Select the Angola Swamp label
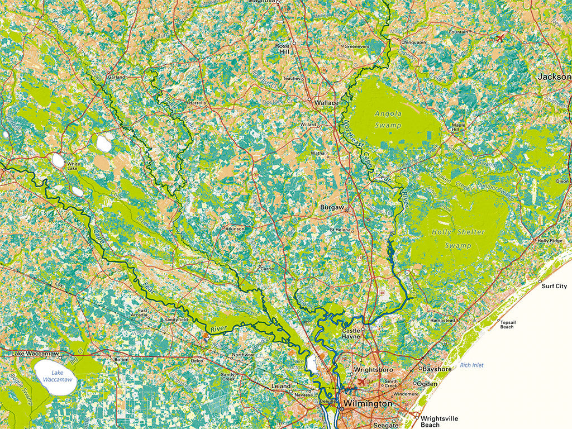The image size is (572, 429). click(388, 119)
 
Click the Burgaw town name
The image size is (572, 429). click(331, 207)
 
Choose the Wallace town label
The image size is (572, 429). click(326, 103)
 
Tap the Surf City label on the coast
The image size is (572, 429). click(554, 287)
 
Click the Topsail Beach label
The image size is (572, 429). click(507, 325)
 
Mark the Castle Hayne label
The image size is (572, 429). click(351, 334)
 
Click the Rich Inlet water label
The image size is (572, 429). click(472, 365)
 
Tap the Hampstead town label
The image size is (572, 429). click(442, 321)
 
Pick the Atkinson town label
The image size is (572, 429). click(235, 228)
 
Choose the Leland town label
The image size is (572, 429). click(281, 386)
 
